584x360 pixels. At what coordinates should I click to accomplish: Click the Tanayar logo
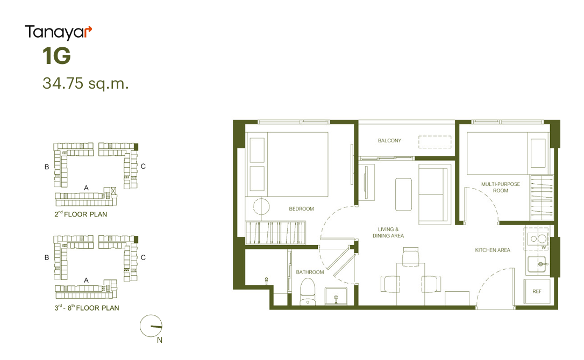click(x=58, y=33)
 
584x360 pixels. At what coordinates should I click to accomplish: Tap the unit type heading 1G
click(x=56, y=56)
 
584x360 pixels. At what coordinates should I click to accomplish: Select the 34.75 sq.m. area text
click(x=86, y=83)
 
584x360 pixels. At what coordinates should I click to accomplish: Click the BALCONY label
click(x=389, y=141)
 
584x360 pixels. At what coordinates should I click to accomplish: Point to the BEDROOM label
click(x=301, y=209)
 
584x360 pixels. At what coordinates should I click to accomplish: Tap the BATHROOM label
click(x=310, y=272)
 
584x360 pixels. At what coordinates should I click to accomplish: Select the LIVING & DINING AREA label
click(x=388, y=232)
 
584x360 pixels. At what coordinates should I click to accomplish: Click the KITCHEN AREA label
click(x=493, y=250)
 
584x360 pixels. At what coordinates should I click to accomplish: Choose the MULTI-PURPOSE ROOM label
click(x=501, y=188)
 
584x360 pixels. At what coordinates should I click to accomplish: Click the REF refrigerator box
click(x=537, y=292)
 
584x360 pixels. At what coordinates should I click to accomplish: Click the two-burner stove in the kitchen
click(x=537, y=239)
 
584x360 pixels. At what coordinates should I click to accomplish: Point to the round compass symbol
click(x=151, y=326)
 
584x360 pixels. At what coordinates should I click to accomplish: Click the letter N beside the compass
click(x=159, y=340)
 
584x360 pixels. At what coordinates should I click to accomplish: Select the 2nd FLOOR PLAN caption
click(x=81, y=214)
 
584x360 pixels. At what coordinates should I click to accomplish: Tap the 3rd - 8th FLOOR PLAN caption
click(x=87, y=307)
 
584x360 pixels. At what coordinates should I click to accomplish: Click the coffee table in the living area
click(x=403, y=195)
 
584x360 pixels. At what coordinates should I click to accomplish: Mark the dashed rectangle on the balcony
click(x=435, y=142)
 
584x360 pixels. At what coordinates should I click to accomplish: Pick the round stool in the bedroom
click(x=261, y=206)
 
